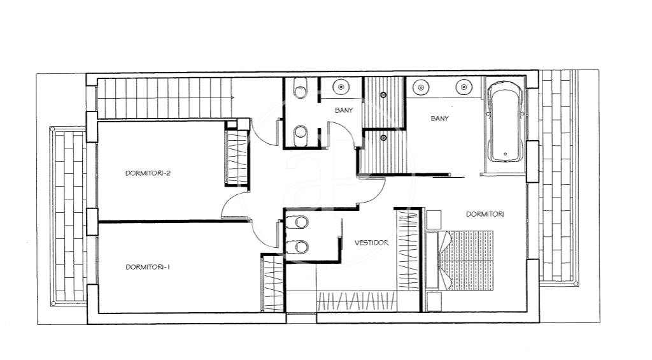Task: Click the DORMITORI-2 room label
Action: pos(148,173)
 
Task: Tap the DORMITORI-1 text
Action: pos(148,267)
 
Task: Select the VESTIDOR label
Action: pos(371,243)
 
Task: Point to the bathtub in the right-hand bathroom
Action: pos(504,122)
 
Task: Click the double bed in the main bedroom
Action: pos(460,260)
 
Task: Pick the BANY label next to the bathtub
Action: pos(439,119)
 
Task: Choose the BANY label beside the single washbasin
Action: pos(343,110)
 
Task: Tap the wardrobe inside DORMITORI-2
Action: pos(236,157)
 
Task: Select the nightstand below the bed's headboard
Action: pos(433,301)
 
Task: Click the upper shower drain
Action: pos(383,96)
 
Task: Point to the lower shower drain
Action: pos(383,138)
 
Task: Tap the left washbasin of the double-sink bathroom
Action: pos(421,87)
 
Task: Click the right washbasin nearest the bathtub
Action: pos(464,87)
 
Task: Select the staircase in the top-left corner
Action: pos(165,98)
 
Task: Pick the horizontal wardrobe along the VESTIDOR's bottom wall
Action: pos(357,301)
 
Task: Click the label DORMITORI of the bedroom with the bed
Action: pos(485,214)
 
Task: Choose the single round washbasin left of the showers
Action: pos(341,87)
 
